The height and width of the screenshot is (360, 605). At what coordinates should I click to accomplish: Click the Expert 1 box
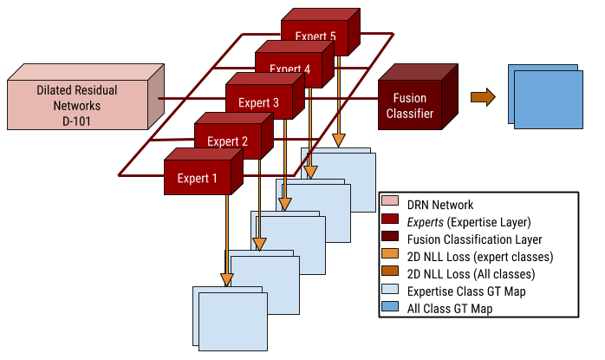pos(198,178)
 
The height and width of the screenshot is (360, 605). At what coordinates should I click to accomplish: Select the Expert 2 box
pos(227,141)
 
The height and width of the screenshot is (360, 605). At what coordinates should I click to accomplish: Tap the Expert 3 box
pos(258,102)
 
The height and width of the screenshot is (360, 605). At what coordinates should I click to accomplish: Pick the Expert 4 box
pos(289,69)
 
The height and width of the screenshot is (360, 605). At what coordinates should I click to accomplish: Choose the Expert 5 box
pos(315,36)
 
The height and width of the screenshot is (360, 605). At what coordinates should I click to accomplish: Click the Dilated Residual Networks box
pos(77,105)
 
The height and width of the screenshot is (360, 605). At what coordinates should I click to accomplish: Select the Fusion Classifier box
pos(410,105)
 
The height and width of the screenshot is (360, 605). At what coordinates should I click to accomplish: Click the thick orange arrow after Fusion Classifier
pos(483,97)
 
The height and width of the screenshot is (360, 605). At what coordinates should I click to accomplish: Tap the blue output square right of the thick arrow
pos(548,99)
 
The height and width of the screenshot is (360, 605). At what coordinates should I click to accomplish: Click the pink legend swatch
pos(390,200)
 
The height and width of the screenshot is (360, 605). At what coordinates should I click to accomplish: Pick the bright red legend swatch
pos(390,219)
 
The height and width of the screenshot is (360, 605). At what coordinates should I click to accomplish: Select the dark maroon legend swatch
pos(390,236)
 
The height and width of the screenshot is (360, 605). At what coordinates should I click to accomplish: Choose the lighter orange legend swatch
pos(390,253)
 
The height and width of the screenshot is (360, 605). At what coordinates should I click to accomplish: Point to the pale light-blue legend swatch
pos(390,289)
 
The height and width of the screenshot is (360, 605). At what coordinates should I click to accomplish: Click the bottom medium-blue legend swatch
pos(390,306)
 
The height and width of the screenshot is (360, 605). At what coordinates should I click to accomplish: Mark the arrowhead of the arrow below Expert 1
pos(227,279)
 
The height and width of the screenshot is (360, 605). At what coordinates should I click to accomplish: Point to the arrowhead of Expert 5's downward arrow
pos(339,141)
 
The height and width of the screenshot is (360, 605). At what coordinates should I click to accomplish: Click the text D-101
pos(77,121)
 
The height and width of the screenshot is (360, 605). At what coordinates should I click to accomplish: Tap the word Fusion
pos(410,98)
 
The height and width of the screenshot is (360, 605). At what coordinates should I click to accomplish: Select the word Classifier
pos(410,113)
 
